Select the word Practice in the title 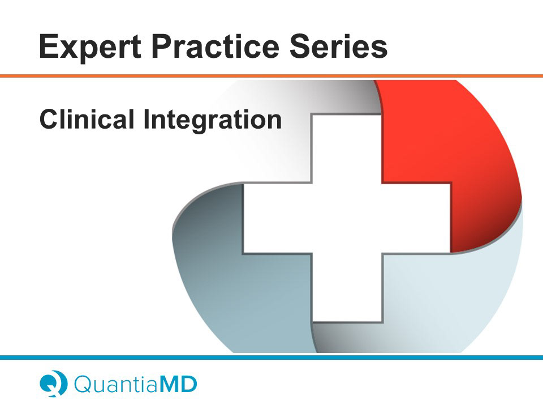pyautogui.click(x=216, y=46)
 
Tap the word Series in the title pyautogui.click(x=338, y=46)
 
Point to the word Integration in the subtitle pyautogui.click(x=213, y=121)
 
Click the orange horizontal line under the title pyautogui.click(x=271, y=76)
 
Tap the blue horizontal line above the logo pyautogui.click(x=271, y=358)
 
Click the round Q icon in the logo pyautogui.click(x=53, y=384)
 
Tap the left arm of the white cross pyautogui.click(x=278, y=218)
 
